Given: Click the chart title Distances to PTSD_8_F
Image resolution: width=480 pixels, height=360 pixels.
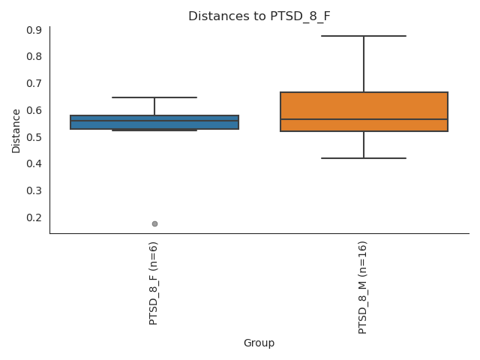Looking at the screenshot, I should [x=259, y=16].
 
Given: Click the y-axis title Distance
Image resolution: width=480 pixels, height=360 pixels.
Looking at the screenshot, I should [x=16, y=130].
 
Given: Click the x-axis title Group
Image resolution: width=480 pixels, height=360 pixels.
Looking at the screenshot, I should [x=259, y=343].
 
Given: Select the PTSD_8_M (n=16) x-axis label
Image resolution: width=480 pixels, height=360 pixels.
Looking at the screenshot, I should [x=364, y=287].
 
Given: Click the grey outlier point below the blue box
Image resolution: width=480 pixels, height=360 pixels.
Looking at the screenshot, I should [x=154, y=223].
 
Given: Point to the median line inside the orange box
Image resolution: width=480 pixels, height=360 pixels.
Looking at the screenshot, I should [x=364, y=119].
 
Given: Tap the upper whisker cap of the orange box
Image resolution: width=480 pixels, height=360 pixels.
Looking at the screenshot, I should [x=364, y=36].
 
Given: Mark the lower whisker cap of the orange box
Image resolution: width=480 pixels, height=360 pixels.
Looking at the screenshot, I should [x=364, y=158].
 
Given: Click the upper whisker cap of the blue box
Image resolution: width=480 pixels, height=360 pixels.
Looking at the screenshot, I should [x=154, y=97].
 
